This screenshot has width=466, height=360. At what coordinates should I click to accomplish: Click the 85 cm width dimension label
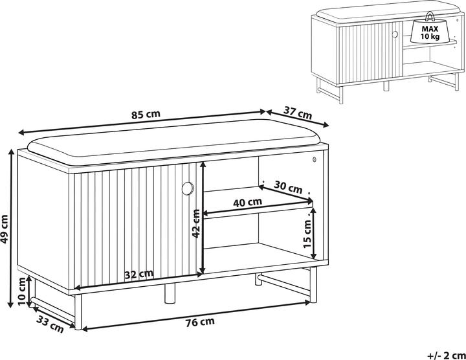click(x=146, y=114)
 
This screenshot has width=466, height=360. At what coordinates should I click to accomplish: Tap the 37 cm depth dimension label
click(x=298, y=113)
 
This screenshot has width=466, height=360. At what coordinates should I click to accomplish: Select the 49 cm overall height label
click(x=4, y=229)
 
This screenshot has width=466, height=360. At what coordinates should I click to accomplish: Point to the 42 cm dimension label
click(x=196, y=223)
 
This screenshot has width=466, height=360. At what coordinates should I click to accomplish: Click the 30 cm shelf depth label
click(x=287, y=187)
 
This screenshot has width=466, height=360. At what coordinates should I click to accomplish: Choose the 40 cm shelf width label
click(x=247, y=203)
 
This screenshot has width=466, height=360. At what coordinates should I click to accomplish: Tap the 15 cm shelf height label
click(x=307, y=234)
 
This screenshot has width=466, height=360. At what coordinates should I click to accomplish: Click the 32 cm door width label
click(x=139, y=274)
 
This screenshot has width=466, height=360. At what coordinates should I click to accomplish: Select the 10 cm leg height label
click(x=22, y=291)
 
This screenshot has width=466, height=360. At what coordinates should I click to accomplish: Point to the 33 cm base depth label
click(x=50, y=324)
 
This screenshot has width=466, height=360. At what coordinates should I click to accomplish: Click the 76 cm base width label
click(x=200, y=322)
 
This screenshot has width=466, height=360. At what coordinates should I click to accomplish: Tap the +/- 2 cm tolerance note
click(x=447, y=355)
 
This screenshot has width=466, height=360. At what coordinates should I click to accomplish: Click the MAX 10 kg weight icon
click(x=430, y=31)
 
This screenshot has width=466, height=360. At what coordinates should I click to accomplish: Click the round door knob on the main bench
click(x=188, y=188)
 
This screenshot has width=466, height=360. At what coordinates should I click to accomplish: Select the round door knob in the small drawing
click(x=395, y=34)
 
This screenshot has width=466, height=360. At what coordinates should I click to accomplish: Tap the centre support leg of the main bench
click(x=170, y=293)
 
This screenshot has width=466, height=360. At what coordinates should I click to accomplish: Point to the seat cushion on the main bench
click(x=175, y=141)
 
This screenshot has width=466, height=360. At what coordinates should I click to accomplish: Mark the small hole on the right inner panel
click(x=314, y=160)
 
